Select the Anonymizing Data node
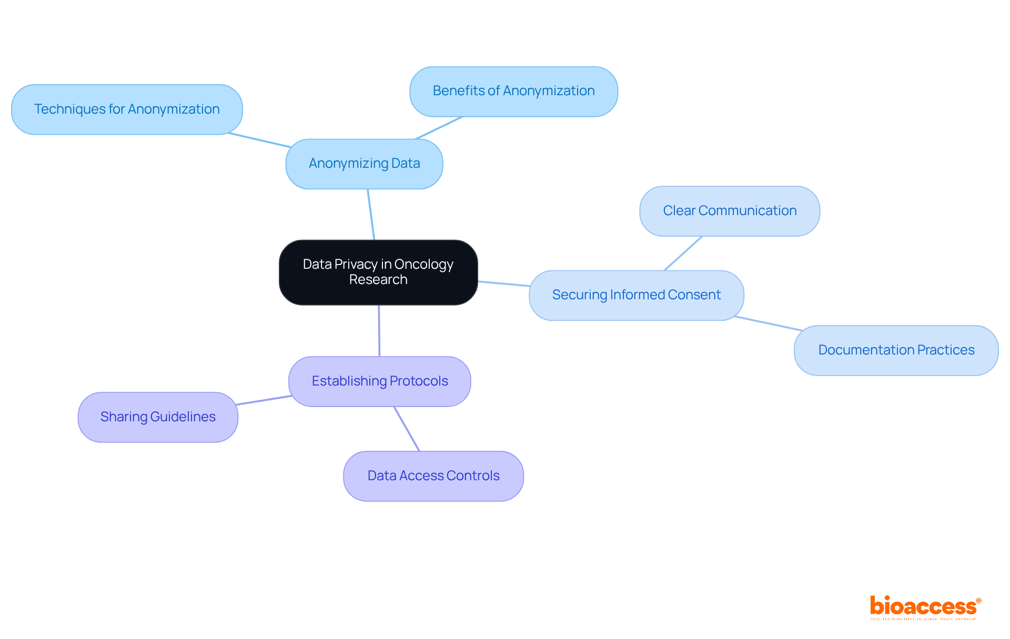[x=364, y=164]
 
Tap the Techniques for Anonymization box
[x=127, y=109]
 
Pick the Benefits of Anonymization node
[x=513, y=91]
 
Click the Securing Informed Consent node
[x=636, y=295]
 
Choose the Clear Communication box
[x=729, y=211]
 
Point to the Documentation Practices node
[x=896, y=350]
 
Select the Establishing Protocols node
[x=379, y=381]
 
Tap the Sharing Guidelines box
[x=158, y=417]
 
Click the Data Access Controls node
[x=433, y=476]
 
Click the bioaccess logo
[x=925, y=607]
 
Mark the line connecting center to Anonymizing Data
[x=371, y=214]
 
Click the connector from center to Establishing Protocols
[x=379, y=330]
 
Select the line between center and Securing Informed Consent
[x=503, y=283]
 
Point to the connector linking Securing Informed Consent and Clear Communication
[x=683, y=253]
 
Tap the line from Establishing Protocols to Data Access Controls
[x=407, y=429]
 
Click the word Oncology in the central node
[x=423, y=264]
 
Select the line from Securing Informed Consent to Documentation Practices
[x=768, y=323]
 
